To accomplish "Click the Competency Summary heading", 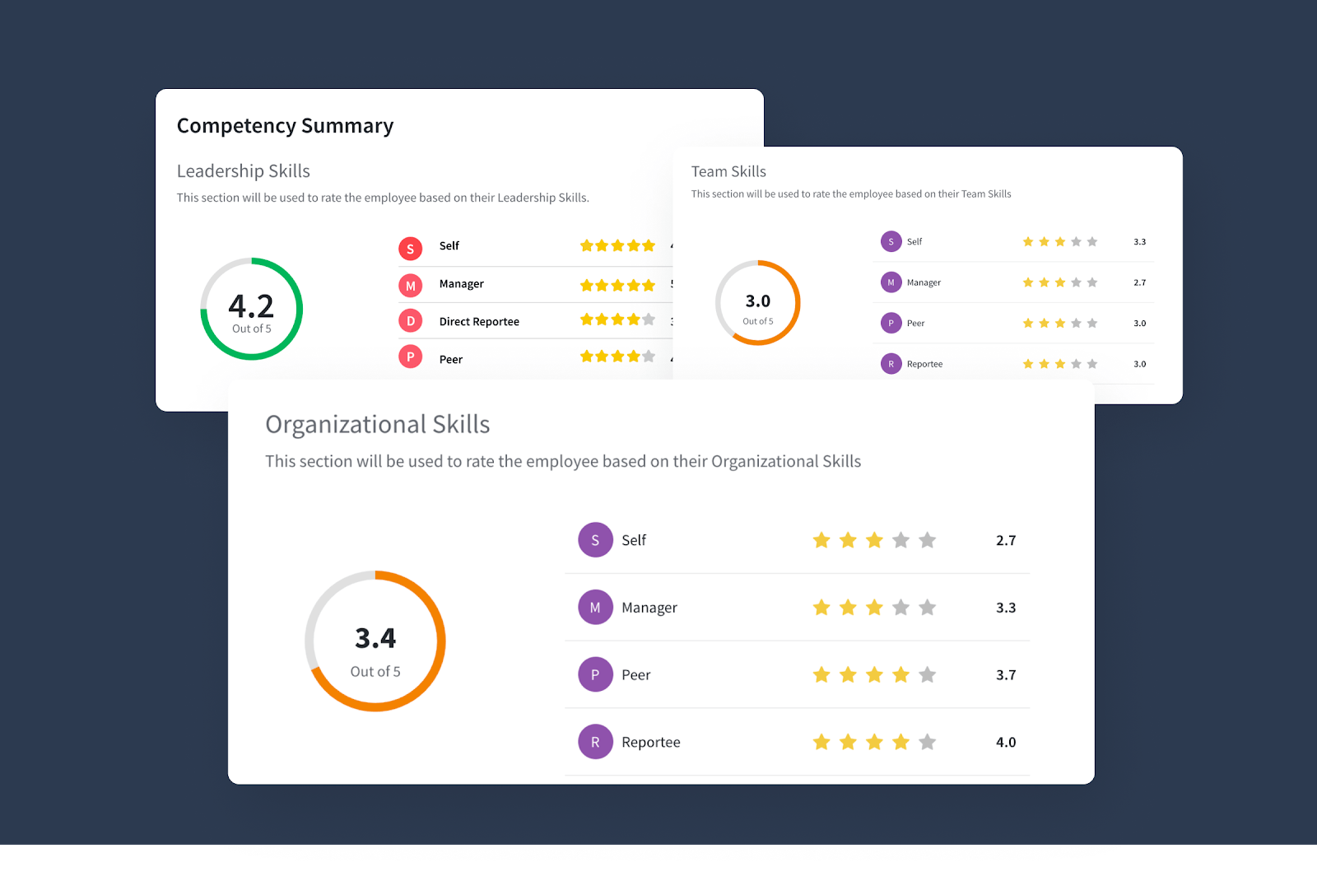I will pos(285,126).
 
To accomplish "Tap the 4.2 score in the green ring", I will pos(251,306).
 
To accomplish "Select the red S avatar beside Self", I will pos(411,249).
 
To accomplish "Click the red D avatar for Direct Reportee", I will pos(411,321).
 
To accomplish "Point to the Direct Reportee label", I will pos(479,322).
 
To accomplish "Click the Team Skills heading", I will pos(728,171).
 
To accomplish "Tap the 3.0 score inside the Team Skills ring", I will pos(758,301).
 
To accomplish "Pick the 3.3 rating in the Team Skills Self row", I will pos(1139,242).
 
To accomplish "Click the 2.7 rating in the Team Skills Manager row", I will pos(1139,282).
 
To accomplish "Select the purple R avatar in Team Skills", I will pos(891,364).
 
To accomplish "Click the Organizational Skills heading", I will pos(377,425).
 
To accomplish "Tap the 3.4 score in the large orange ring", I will pos(375,638).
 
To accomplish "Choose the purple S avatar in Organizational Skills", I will pos(595,540).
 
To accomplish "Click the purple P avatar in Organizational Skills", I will pos(595,675).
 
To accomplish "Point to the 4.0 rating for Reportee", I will pos(1006,743).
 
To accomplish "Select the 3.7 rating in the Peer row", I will pos(1006,675).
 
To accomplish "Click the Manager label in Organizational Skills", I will pos(649,608).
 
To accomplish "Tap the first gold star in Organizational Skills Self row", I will pos(821,540).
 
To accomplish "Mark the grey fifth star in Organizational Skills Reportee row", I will pos(928,743).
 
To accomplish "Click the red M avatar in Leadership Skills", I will pos(411,286).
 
